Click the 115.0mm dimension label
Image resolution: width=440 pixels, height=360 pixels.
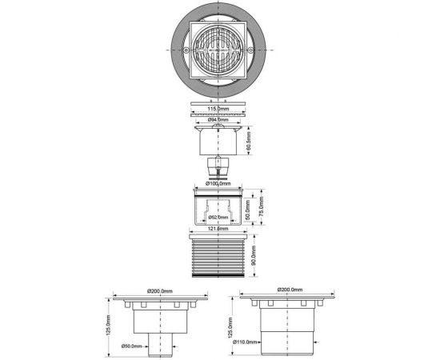tap(219, 109)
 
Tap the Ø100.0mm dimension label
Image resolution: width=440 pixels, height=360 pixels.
tap(219, 185)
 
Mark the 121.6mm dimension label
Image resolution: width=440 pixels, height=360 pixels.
tap(219, 229)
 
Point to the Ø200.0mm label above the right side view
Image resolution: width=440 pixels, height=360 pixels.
tap(290, 289)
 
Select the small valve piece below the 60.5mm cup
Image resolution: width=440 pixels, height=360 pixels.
tap(218, 169)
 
